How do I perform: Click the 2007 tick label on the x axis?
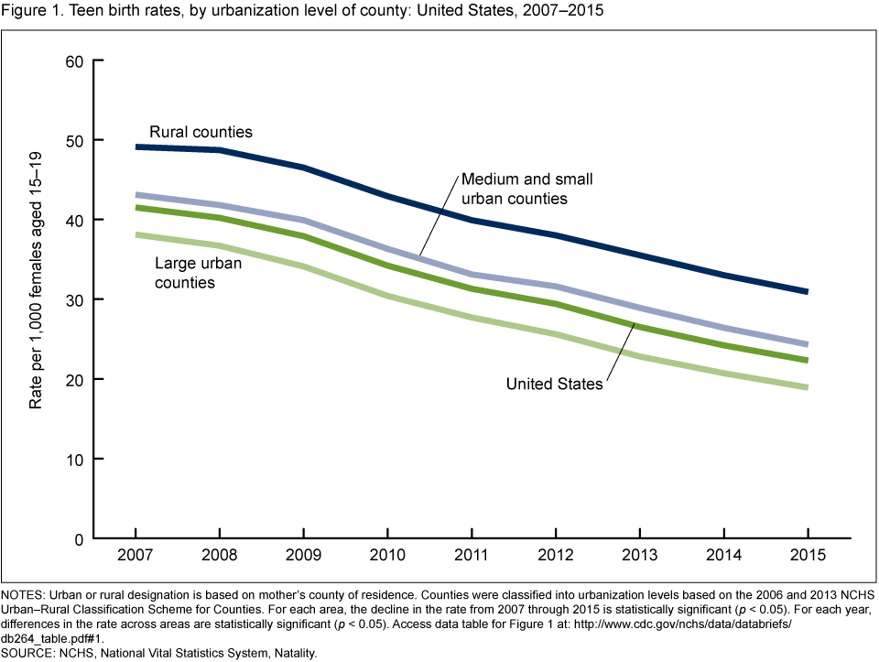pos(135,556)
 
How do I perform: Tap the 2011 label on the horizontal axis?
pos(471,556)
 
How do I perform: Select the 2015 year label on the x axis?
pos(807,556)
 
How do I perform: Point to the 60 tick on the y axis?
pos(74,61)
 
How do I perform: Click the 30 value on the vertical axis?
pos(74,299)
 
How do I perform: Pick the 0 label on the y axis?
pos(79,538)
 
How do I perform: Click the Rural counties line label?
pos(201,132)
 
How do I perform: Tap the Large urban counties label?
pos(192,274)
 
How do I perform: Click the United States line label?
pos(554,385)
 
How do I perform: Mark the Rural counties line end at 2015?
pos(807,291)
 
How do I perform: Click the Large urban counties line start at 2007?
pos(136,235)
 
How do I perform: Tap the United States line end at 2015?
pos(807,360)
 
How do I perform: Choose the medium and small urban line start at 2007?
pos(136,195)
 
